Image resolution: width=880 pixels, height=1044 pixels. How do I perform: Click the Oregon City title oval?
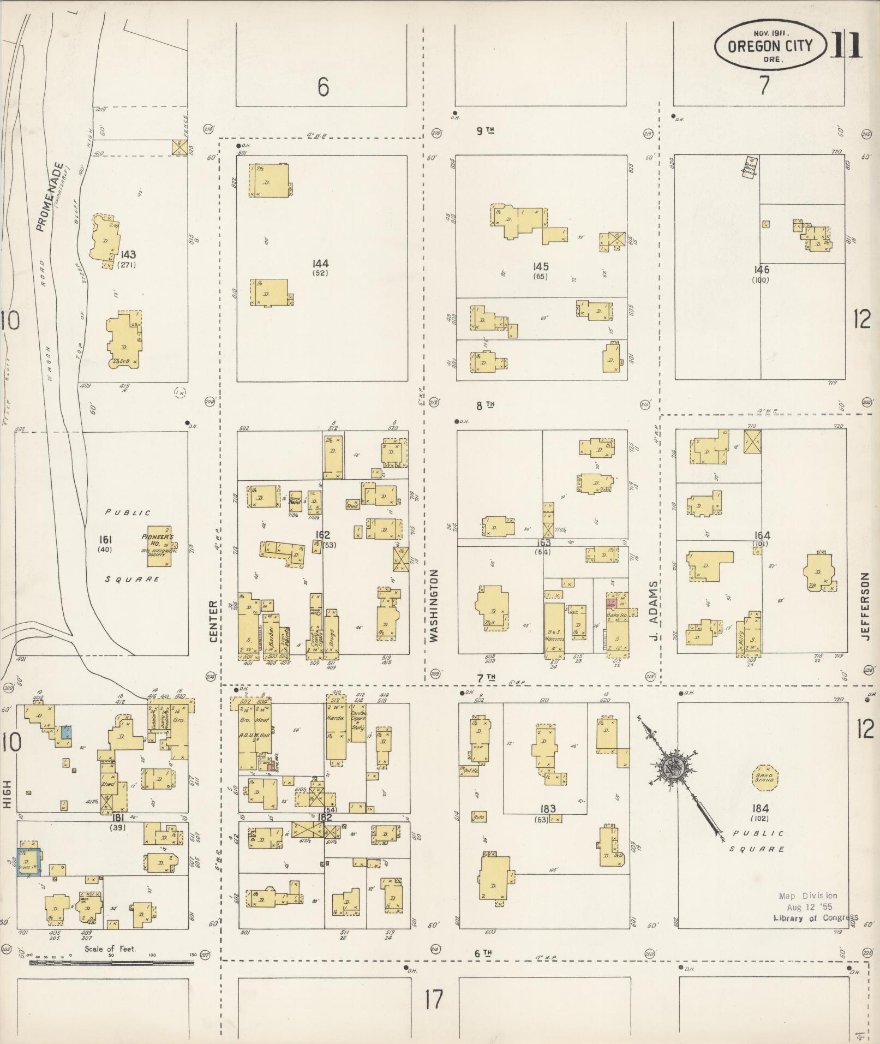click(x=770, y=47)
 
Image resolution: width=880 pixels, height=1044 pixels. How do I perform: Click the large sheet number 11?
click(x=847, y=45)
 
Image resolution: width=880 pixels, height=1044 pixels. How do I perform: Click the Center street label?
click(x=213, y=621)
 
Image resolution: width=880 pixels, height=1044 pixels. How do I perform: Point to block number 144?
click(x=321, y=264)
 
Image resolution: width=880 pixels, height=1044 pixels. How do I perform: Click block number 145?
click(x=541, y=267)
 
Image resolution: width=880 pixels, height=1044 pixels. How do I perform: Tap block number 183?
click(x=548, y=809)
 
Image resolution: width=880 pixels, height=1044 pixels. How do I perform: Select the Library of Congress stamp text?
click(x=815, y=917)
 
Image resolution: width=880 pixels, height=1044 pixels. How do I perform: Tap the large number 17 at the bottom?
click(x=434, y=1000)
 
